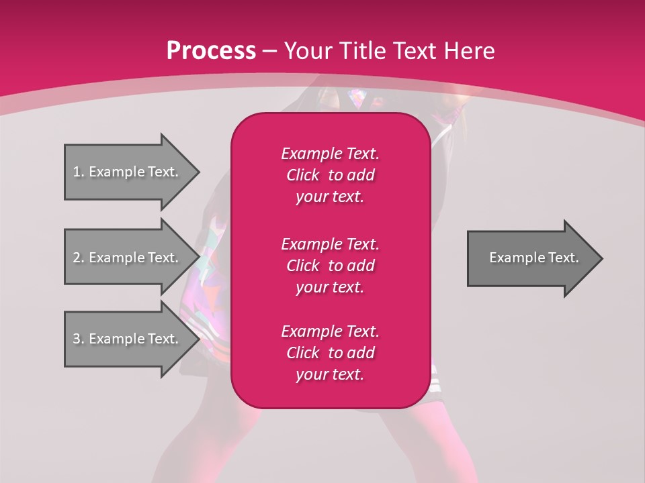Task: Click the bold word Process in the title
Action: click(x=211, y=51)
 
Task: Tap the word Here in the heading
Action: click(x=469, y=51)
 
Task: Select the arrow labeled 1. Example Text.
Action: click(x=128, y=172)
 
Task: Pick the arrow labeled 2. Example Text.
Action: click(x=128, y=258)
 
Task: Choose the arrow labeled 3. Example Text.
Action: click(x=128, y=339)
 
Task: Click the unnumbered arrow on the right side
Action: click(x=531, y=258)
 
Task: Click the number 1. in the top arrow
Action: click(x=79, y=172)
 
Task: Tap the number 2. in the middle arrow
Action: click(x=79, y=258)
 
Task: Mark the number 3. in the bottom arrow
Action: click(x=79, y=339)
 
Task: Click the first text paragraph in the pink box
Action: click(x=330, y=175)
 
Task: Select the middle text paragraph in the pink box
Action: click(x=330, y=265)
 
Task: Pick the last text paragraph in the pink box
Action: click(x=330, y=353)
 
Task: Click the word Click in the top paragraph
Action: click(x=302, y=175)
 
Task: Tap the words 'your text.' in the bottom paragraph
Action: click(x=330, y=374)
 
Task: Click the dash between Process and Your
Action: click(x=269, y=51)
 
